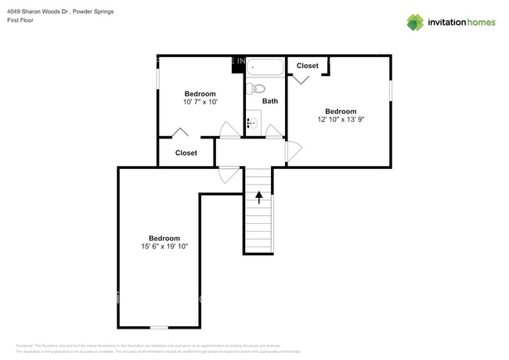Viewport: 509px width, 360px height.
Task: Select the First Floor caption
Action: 21,22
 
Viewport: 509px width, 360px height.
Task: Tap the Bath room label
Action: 269,101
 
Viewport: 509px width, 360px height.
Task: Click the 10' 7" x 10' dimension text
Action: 200,102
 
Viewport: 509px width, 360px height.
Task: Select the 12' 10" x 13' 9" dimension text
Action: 341,120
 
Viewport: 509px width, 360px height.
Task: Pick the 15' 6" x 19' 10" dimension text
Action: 164,247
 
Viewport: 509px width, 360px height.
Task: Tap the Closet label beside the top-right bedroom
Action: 307,66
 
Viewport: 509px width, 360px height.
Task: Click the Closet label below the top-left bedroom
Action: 186,153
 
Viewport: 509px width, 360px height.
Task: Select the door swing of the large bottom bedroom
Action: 229,175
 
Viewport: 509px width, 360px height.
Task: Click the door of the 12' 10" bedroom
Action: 293,152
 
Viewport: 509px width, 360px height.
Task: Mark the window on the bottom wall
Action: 159,327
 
